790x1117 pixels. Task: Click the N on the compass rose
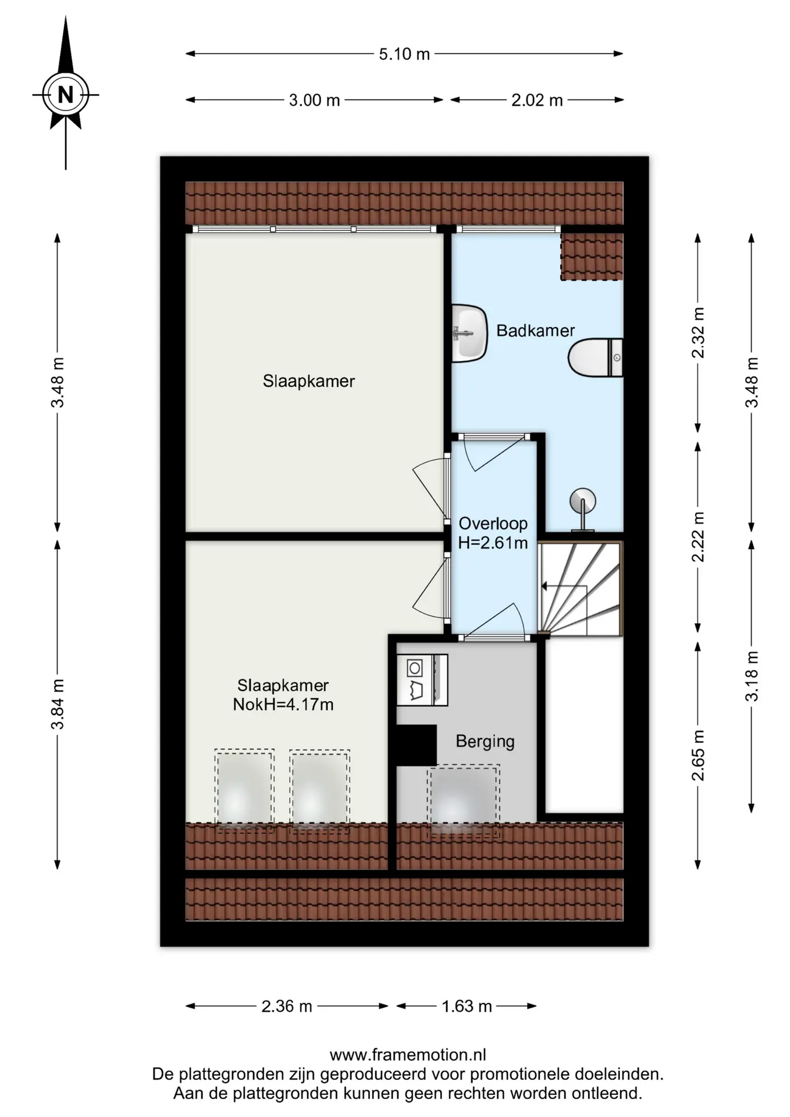pyautogui.click(x=66, y=94)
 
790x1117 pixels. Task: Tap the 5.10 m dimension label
pyautogui.click(x=404, y=54)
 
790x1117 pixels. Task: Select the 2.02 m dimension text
pyautogui.click(x=537, y=101)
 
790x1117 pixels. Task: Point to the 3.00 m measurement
pyautogui.click(x=314, y=101)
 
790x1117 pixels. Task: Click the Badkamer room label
pyautogui.click(x=535, y=330)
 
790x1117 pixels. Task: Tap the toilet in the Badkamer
pyautogui.click(x=596, y=358)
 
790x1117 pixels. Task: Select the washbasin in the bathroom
pyautogui.click(x=469, y=333)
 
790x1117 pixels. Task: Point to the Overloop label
pyautogui.click(x=493, y=524)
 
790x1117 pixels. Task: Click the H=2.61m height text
pyautogui.click(x=493, y=543)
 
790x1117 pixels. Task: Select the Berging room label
pyautogui.click(x=485, y=742)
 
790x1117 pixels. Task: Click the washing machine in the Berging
pyautogui.click(x=422, y=680)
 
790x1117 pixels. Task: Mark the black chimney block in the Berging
pyautogui.click(x=417, y=745)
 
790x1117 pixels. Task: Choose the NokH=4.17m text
pyautogui.click(x=283, y=705)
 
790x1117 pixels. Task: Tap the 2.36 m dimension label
pyautogui.click(x=287, y=1006)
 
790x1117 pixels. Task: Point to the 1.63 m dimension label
pyautogui.click(x=467, y=1006)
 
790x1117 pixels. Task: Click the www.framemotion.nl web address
pyautogui.click(x=408, y=1055)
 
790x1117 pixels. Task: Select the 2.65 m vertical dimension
pyautogui.click(x=698, y=755)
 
